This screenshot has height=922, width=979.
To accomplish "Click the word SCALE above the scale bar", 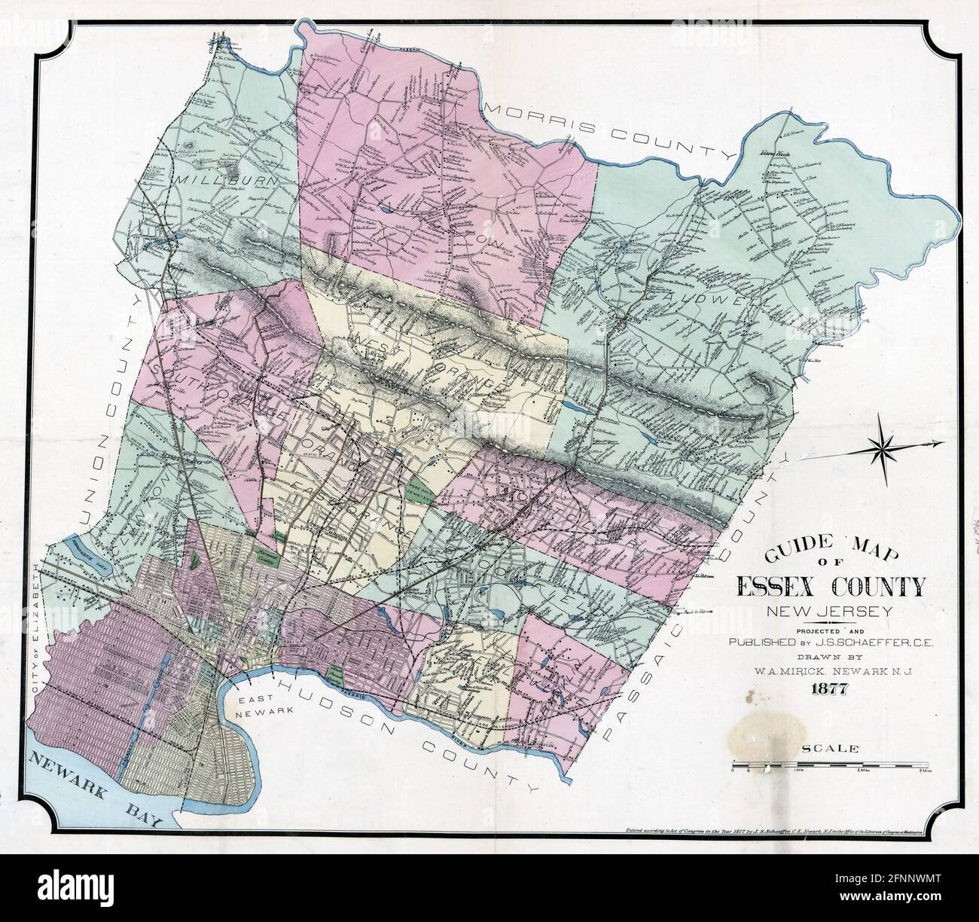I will click(831, 749).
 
